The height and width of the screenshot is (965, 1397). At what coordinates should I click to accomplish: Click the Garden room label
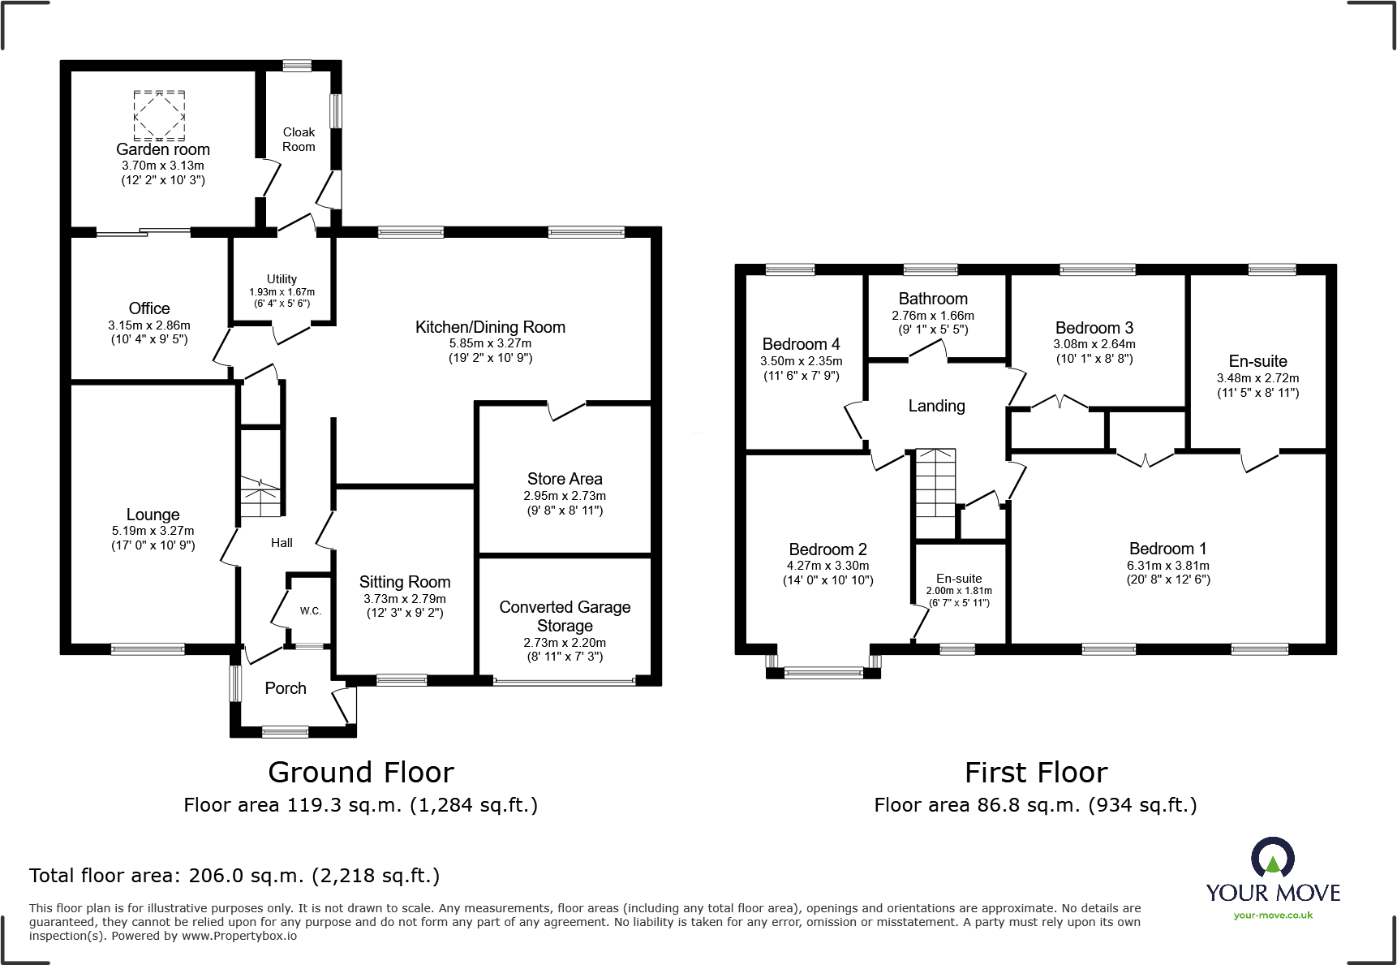[x=163, y=149]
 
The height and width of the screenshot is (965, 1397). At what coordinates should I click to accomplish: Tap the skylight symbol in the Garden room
[x=159, y=116]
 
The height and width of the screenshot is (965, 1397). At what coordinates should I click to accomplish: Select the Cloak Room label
[x=299, y=140]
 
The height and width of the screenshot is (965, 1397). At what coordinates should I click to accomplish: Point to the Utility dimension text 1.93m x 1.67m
[x=282, y=292]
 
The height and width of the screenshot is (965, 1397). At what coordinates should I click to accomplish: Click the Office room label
[x=149, y=308]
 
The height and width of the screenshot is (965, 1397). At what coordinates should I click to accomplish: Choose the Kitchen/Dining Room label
[x=490, y=327]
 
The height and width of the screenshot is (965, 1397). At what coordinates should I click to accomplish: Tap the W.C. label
[x=311, y=611]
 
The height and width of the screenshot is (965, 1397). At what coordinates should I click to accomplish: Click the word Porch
[x=286, y=688]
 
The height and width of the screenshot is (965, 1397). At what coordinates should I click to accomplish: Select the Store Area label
[x=565, y=479]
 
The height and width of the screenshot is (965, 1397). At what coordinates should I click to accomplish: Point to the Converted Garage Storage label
[x=565, y=616]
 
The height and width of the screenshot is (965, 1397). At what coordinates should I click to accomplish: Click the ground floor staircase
[x=260, y=496]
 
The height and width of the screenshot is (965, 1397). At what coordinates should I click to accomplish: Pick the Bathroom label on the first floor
[x=933, y=299]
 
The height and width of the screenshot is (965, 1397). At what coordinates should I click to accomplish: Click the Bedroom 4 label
[x=802, y=344]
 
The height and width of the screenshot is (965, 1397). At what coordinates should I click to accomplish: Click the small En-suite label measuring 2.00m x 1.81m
[x=959, y=579]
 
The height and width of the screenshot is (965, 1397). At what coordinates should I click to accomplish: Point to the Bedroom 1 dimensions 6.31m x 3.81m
[x=1168, y=566]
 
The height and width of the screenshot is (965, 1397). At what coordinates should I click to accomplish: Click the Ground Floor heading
[x=361, y=772]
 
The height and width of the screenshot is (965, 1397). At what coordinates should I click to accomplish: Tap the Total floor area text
[x=234, y=876]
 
